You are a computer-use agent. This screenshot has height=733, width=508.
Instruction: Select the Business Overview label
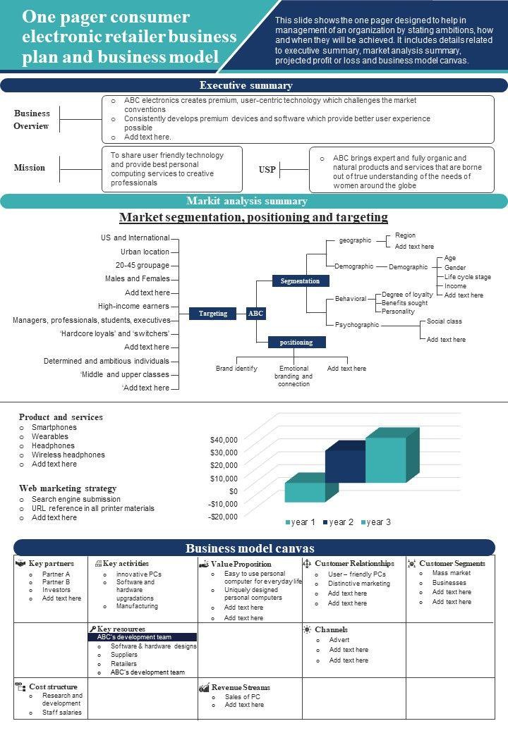tap(32, 120)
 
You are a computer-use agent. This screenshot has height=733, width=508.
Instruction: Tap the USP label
tap(267, 170)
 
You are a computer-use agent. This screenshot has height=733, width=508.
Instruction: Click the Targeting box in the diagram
tap(213, 314)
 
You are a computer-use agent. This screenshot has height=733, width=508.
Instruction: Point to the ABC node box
tap(255, 314)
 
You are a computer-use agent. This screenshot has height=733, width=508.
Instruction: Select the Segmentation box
tap(300, 281)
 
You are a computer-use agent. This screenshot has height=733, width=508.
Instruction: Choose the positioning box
tap(296, 343)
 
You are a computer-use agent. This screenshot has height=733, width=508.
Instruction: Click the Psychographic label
tap(356, 325)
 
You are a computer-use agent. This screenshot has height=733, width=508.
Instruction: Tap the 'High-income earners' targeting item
tap(133, 306)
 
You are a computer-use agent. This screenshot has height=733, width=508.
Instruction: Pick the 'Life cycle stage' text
tap(468, 277)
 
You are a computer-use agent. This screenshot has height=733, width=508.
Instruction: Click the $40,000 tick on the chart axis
tap(224, 440)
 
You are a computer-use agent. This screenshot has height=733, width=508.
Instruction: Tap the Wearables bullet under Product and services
tap(49, 436)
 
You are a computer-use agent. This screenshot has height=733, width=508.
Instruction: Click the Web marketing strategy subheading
tap(68, 488)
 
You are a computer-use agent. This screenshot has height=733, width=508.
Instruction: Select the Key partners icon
tap(20, 563)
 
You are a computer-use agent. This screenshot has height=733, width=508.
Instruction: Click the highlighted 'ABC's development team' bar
tap(142, 637)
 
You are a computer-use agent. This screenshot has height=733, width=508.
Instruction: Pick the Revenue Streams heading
tap(241, 687)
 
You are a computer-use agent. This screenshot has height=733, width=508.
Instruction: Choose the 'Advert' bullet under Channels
tap(339, 640)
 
